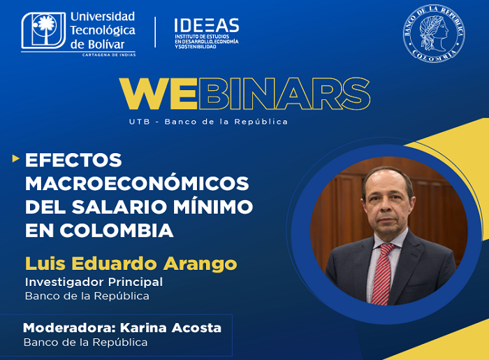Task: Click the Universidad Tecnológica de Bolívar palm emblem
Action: pos(44,31)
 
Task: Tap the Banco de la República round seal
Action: pos(433,34)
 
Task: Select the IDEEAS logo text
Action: pos(206,26)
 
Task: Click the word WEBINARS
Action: pos(244,94)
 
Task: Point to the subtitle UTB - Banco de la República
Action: pos(208,122)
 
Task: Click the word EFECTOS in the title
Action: pos(73,160)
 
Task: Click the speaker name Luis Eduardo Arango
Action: pos(131,264)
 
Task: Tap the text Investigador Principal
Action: pos(94,282)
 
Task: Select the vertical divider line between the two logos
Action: pos(155,32)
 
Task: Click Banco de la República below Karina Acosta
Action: pos(85,343)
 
